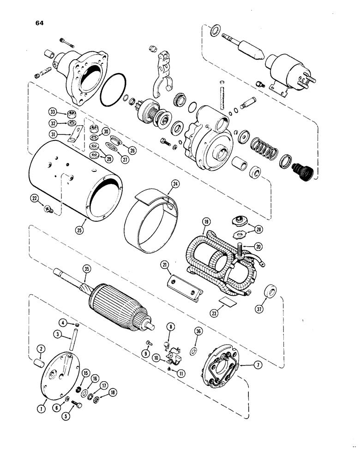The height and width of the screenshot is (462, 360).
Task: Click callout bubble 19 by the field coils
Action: pyautogui.click(x=206, y=222)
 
